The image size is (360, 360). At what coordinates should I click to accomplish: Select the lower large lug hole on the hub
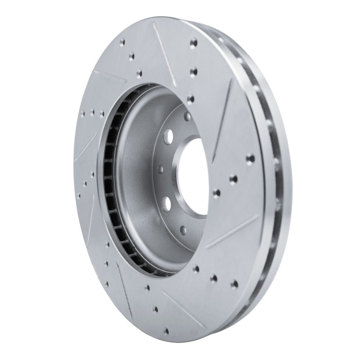(x=167, y=204)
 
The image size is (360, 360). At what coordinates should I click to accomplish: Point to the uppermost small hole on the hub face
(x=187, y=116)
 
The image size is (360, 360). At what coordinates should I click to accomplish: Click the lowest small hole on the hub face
(x=183, y=230)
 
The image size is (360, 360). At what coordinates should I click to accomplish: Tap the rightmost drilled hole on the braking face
(x=250, y=159)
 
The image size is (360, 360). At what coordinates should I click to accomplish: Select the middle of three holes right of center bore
(x=233, y=179)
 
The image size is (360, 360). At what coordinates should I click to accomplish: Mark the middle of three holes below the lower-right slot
(x=214, y=278)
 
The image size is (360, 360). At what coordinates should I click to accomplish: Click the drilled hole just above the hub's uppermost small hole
(x=191, y=99)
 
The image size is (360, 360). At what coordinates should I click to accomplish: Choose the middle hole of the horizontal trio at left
(x=92, y=112)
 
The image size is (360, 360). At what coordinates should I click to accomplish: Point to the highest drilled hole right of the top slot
(x=194, y=43)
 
